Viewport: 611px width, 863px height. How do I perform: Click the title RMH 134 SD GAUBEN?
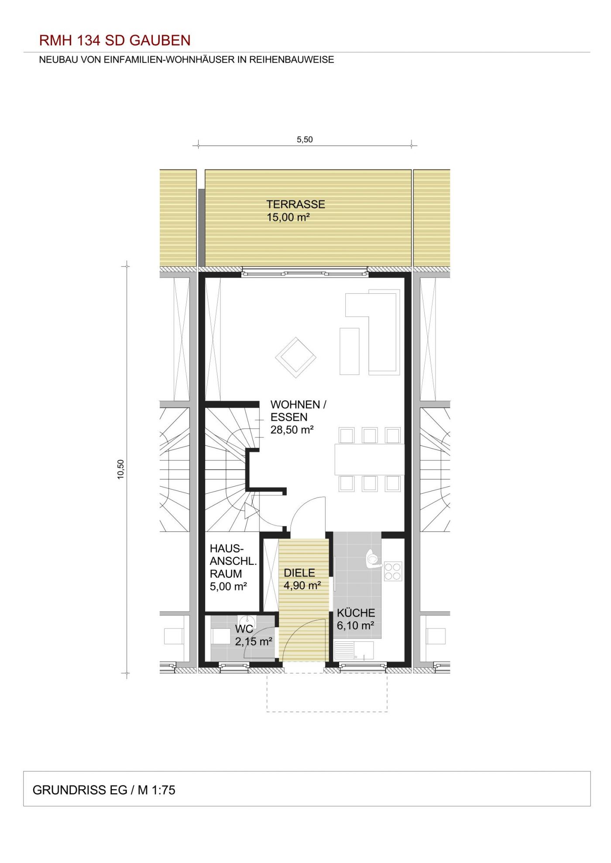click(x=115, y=41)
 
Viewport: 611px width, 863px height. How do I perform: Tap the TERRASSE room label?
click(x=295, y=204)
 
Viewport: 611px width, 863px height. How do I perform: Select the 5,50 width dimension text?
click(x=305, y=140)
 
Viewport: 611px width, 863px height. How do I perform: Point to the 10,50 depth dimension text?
click(x=121, y=469)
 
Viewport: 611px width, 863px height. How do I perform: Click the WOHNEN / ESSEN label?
click(x=298, y=411)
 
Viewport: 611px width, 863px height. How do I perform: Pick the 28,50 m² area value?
click(x=292, y=430)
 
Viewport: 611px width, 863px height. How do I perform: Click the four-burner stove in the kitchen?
click(x=393, y=571)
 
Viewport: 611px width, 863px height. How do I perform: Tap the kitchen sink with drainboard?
click(x=354, y=650)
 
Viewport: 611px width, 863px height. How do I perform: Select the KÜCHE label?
click(x=356, y=613)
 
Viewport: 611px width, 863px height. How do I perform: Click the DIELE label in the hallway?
click(x=299, y=573)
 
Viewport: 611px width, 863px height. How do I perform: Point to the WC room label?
click(x=244, y=629)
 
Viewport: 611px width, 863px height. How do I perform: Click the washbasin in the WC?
click(x=247, y=621)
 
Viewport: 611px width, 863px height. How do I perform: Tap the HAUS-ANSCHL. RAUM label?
click(x=233, y=561)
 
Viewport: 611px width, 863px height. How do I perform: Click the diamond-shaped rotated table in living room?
click(x=296, y=357)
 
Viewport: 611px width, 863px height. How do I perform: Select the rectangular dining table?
click(x=370, y=459)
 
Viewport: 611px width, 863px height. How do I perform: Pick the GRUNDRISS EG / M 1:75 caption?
click(x=104, y=790)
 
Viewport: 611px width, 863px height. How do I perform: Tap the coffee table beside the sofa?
click(x=349, y=351)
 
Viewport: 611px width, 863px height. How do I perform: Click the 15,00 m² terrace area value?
click(x=288, y=217)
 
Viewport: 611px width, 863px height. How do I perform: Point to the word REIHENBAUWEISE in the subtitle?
click(x=292, y=60)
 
